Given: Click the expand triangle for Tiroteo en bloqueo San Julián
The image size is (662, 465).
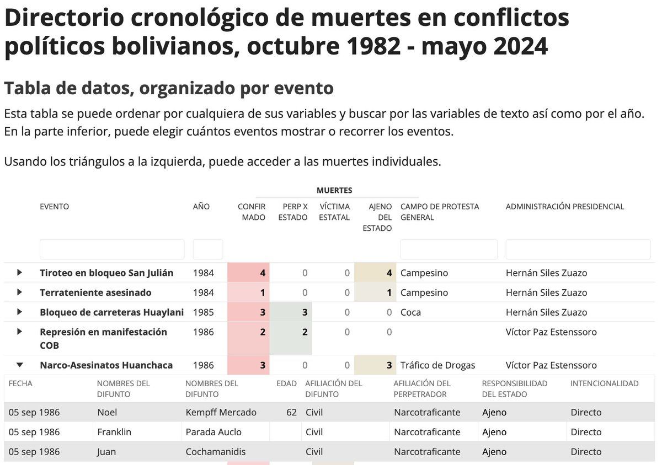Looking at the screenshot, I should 20,273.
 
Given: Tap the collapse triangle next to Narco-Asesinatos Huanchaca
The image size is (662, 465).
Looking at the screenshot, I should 20,365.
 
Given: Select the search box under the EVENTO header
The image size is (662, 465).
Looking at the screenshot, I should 112,250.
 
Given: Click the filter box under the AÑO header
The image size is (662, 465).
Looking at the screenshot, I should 208,250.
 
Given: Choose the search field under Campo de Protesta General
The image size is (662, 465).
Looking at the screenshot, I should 449,250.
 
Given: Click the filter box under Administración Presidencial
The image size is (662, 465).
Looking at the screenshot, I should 578,250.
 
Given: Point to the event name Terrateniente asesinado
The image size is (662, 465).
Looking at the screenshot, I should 95,293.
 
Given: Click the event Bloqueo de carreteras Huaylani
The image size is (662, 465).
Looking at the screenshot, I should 111,312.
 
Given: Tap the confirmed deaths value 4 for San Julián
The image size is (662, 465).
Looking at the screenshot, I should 263,273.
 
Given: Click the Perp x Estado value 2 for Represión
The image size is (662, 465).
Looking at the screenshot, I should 305,332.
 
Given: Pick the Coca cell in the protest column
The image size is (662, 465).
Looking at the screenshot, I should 410,312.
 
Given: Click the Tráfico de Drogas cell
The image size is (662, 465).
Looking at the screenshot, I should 437,365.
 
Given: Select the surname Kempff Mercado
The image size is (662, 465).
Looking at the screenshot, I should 221,412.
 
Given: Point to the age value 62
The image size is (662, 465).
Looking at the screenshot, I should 291,412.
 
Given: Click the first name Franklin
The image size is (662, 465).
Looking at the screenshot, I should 114,432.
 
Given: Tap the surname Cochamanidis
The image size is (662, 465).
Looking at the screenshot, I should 216,452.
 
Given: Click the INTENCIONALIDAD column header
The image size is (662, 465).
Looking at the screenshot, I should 604,383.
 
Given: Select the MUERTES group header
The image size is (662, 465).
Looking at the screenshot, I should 334,191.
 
